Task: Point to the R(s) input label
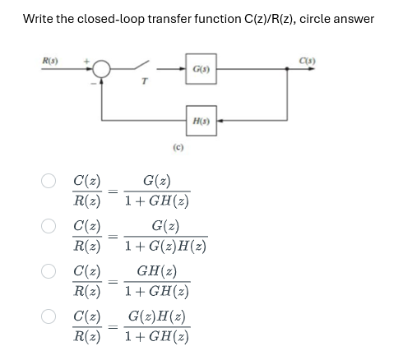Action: (49, 58)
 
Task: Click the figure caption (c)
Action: (178, 150)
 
